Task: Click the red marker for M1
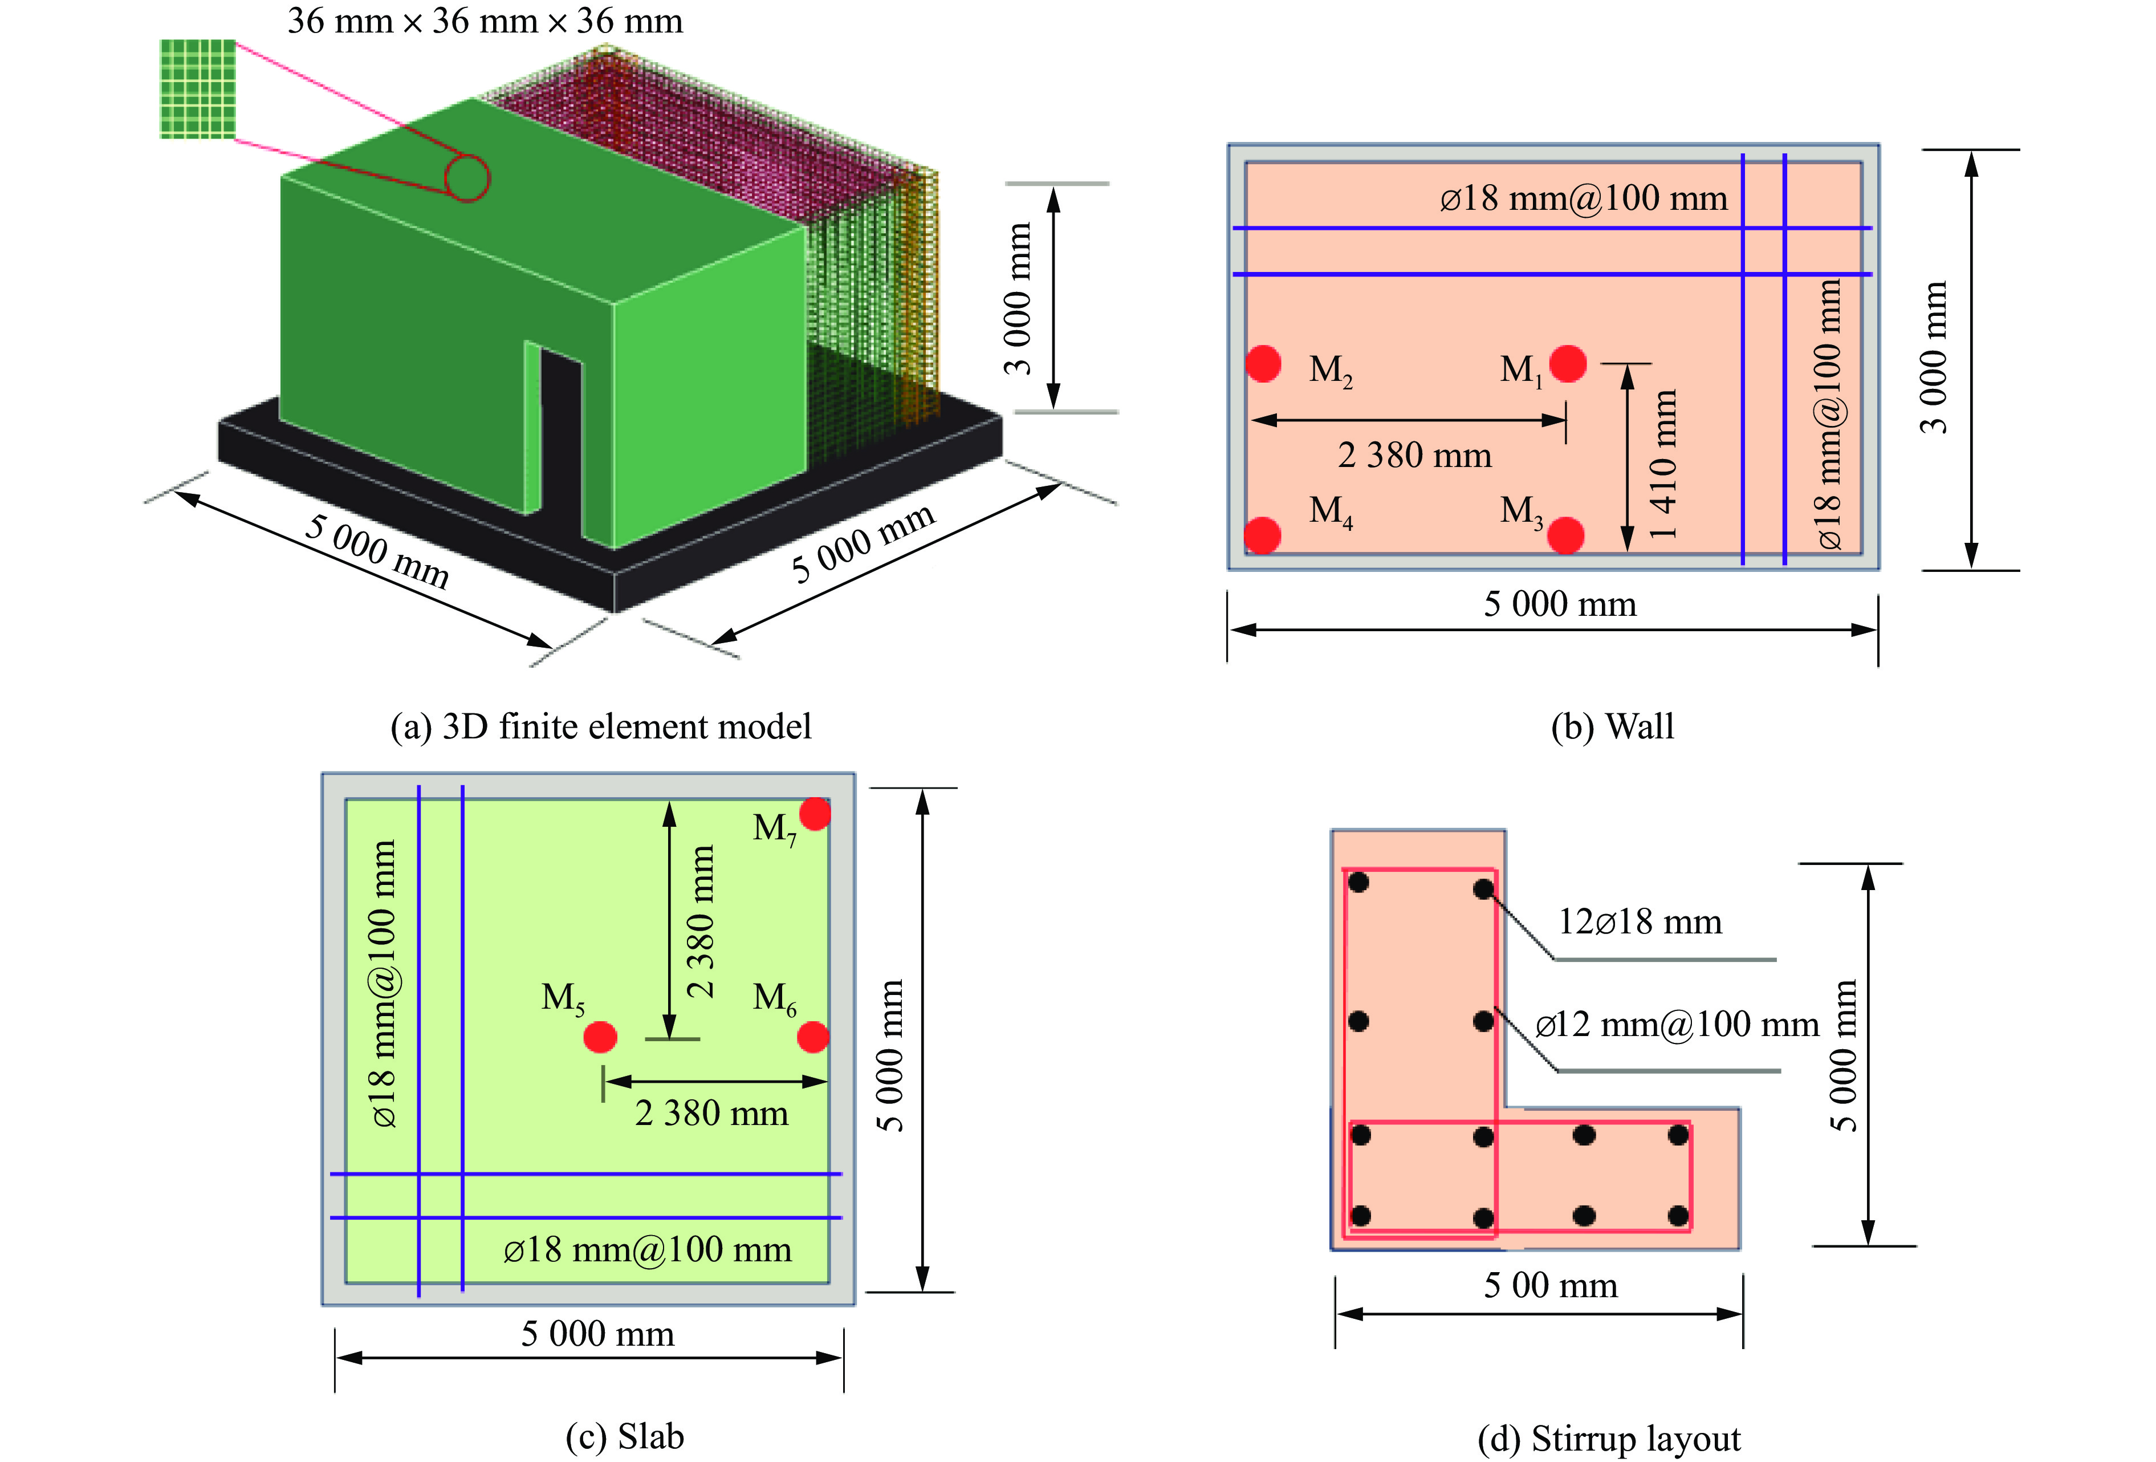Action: (1567, 364)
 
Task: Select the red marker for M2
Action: (1263, 364)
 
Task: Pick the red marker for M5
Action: (600, 1037)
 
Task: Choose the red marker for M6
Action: (813, 1037)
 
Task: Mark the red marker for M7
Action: (815, 814)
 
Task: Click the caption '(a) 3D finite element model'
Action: (600, 726)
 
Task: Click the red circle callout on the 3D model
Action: (467, 178)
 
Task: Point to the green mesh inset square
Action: (198, 89)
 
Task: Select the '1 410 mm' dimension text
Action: (1663, 464)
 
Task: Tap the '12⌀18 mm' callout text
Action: (1640, 921)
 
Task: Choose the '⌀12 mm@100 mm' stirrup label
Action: (1677, 1024)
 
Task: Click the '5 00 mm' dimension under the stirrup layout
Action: (1550, 1285)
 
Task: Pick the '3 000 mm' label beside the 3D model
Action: (1017, 298)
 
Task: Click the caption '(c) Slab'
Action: (624, 1436)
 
